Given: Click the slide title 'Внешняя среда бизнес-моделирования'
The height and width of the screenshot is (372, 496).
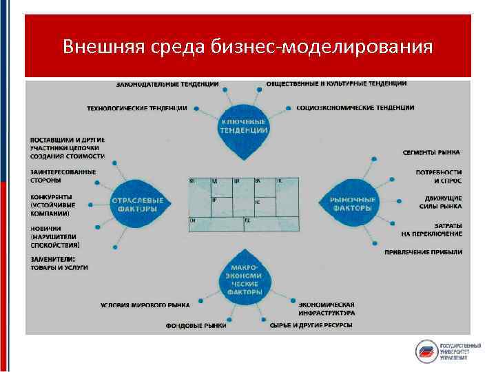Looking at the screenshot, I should [247, 47].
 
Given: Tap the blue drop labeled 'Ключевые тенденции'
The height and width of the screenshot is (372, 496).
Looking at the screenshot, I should [244, 127].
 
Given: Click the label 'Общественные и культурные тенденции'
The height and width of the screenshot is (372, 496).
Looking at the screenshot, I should [336, 83].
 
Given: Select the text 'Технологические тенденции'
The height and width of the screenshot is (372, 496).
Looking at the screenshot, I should [136, 108].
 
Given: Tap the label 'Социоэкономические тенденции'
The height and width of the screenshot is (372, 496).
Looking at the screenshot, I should [355, 108].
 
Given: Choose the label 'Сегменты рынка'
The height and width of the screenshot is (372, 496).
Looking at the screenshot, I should [431, 152].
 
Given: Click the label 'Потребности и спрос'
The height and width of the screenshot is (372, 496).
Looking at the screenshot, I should [438, 176].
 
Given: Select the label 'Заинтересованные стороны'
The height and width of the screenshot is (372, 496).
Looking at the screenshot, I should [63, 176].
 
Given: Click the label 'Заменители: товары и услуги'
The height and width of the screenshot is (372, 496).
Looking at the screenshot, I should [59, 262].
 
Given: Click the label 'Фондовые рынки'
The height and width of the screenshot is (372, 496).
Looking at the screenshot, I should [196, 325].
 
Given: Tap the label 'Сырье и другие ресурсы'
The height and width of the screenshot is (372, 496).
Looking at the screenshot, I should [311, 325].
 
